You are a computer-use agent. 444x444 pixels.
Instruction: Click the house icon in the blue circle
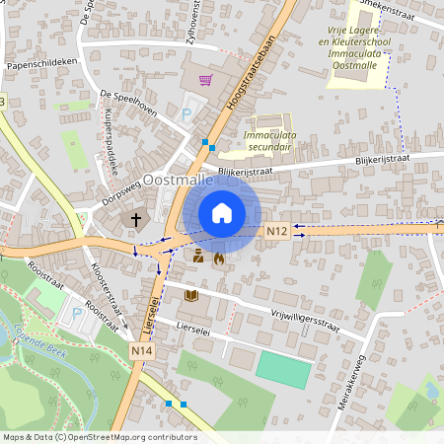pos(222,212)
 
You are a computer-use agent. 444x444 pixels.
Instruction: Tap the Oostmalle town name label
pos(179,182)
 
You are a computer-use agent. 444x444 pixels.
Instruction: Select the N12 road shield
pos(277,231)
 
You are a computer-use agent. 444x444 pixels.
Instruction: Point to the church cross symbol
pos(136,220)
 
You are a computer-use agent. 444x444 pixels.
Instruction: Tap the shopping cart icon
pos(205,80)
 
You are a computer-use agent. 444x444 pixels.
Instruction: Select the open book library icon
pos(191,294)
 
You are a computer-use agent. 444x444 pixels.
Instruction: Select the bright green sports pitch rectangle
pos(282,368)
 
